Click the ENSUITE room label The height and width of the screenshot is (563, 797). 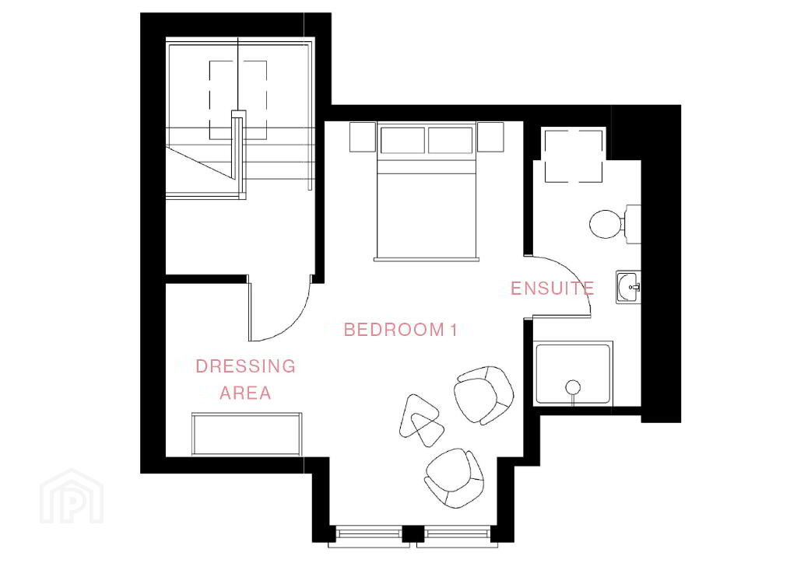(x=552, y=288)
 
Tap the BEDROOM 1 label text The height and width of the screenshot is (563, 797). (x=401, y=330)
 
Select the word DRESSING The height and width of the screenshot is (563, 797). (x=245, y=366)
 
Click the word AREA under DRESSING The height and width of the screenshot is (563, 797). (x=245, y=393)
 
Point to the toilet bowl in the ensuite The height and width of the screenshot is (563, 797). (x=605, y=224)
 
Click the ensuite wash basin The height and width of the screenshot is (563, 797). (x=628, y=288)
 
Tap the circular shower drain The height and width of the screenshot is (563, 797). (x=573, y=386)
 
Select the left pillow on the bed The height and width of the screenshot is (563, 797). (x=402, y=140)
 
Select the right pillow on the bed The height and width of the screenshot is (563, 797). (x=451, y=140)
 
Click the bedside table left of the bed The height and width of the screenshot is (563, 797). (x=363, y=137)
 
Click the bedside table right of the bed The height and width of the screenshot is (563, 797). (x=490, y=137)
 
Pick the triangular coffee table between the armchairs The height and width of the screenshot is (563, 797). (x=421, y=421)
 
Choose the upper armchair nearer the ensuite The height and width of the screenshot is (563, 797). (x=483, y=395)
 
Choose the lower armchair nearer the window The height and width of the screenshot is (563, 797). (x=454, y=477)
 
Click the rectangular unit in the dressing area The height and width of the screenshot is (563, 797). (x=247, y=434)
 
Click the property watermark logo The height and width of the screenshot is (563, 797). (x=72, y=497)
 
